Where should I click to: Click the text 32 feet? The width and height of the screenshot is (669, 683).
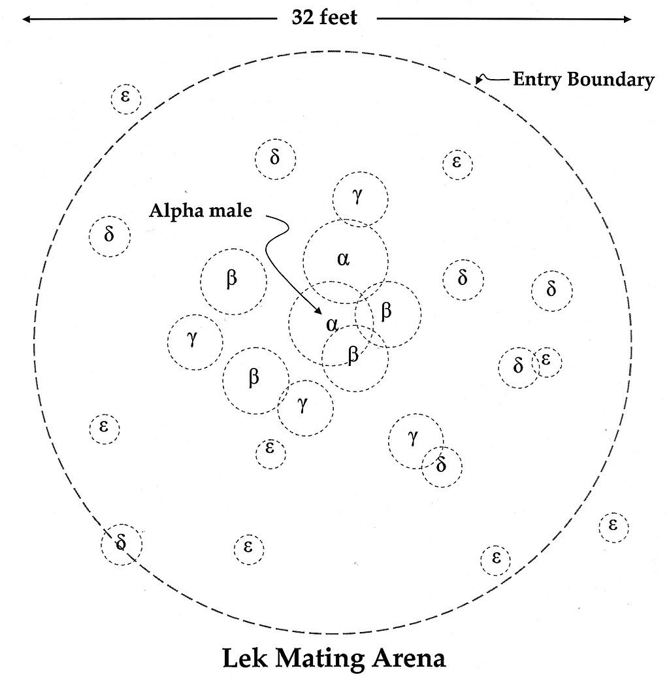(325, 18)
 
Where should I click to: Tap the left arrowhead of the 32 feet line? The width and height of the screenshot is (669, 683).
(26, 19)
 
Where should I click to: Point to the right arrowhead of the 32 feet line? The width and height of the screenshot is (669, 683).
(627, 19)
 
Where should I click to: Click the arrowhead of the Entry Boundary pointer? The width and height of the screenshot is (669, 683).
(478, 80)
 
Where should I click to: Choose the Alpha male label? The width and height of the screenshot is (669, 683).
(201, 211)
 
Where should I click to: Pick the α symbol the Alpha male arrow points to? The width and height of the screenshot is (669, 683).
(332, 324)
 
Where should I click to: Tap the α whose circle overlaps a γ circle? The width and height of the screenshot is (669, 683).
(343, 259)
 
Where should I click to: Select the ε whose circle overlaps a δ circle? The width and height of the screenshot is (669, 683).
(546, 359)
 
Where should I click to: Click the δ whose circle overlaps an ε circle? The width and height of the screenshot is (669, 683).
(518, 365)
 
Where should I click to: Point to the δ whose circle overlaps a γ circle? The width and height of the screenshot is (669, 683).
(441, 465)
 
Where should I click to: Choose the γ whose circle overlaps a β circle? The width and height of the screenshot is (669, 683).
(302, 404)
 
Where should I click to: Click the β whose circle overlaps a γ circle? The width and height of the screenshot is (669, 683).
(254, 376)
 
